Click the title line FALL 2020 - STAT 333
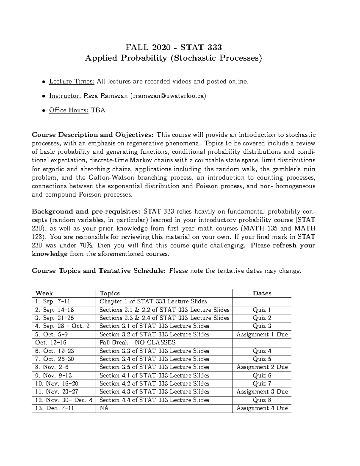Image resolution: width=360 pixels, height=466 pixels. pyautogui.click(x=173, y=47)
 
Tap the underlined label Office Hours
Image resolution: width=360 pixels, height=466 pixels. pyautogui.click(x=69, y=110)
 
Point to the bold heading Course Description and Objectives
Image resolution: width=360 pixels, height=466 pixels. pyautogui.click(x=93, y=135)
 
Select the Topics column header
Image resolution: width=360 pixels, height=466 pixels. pyautogui.click(x=109, y=293)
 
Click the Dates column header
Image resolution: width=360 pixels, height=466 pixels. pyautogui.click(x=262, y=293)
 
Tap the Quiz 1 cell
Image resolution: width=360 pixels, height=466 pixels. pyautogui.click(x=262, y=310)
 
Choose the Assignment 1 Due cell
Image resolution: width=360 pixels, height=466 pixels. pyautogui.click(x=262, y=335)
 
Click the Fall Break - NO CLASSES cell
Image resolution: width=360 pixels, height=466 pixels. pyautogui.click(x=137, y=343)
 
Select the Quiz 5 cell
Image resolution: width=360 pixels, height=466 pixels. pyautogui.click(x=262, y=359)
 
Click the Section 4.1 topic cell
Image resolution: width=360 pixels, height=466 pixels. pyautogui.click(x=154, y=375)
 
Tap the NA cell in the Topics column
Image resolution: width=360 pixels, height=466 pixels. pyautogui.click(x=104, y=408)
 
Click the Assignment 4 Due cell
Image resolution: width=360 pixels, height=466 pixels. pyautogui.click(x=262, y=408)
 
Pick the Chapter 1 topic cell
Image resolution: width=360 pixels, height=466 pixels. pyautogui.click(x=153, y=302)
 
